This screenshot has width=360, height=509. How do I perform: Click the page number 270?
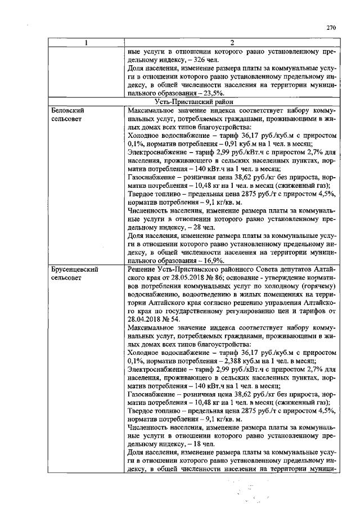click(x=330, y=27)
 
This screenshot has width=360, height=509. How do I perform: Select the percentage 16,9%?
click(x=212, y=261)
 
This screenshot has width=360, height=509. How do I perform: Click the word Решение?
click(x=144, y=270)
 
